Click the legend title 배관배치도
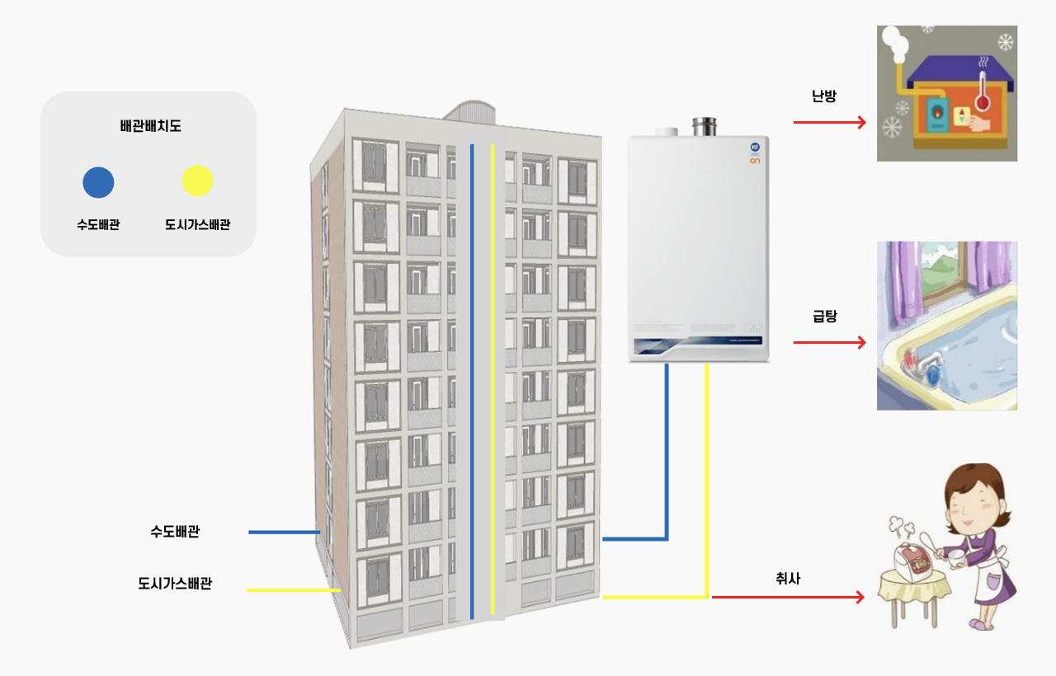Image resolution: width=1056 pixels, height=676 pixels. coord(150,127)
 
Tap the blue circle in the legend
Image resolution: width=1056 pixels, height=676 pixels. coord(98,181)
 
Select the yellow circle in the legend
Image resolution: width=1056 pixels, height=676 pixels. coord(197,181)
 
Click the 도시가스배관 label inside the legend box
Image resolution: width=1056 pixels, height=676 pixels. coord(197,223)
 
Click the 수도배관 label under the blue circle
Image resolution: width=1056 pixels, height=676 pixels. coord(98,223)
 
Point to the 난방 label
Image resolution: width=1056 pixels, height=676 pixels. coord(823,96)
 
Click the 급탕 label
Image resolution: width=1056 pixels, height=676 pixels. coord(824,316)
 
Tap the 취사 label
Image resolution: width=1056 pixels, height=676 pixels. coord(788,579)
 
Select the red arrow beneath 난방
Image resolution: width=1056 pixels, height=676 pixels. coord(829,123)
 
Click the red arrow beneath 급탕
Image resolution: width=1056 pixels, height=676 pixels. coord(829,342)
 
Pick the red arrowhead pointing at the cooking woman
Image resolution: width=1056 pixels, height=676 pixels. coord(860,597)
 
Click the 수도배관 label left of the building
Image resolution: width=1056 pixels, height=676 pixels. coord(174,532)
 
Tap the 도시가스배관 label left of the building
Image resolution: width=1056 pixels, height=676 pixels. coord(174,584)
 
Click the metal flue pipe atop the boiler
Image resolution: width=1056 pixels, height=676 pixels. coord(704,127)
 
